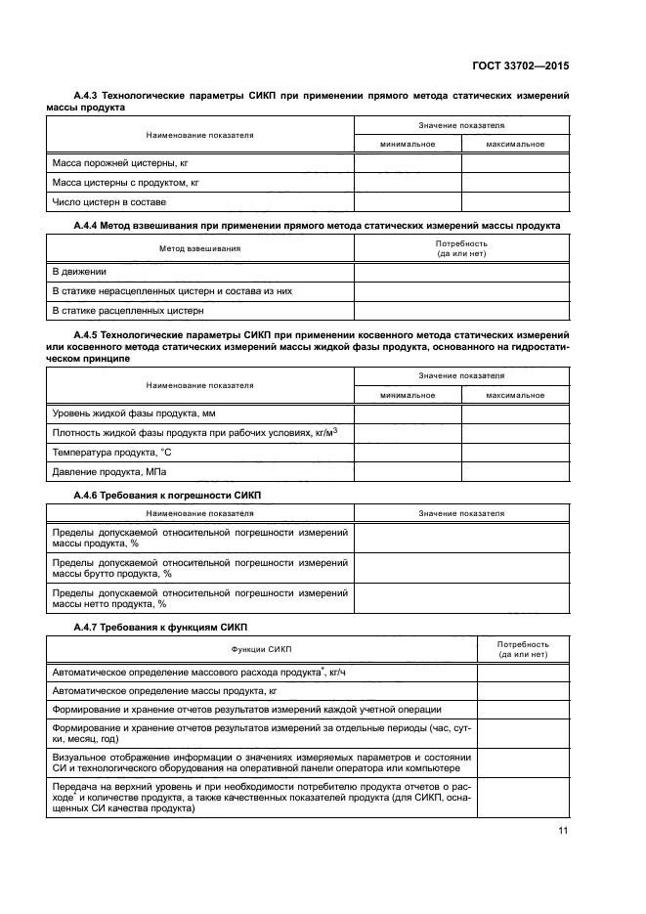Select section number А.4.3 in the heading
click(89, 96)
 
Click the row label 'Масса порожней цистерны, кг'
click(112, 162)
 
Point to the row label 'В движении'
click(79, 272)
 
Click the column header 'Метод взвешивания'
click(199, 248)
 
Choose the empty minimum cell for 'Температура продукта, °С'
click(408, 453)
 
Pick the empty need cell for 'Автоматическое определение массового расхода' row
click(522, 672)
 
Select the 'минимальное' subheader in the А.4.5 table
click(408, 394)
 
